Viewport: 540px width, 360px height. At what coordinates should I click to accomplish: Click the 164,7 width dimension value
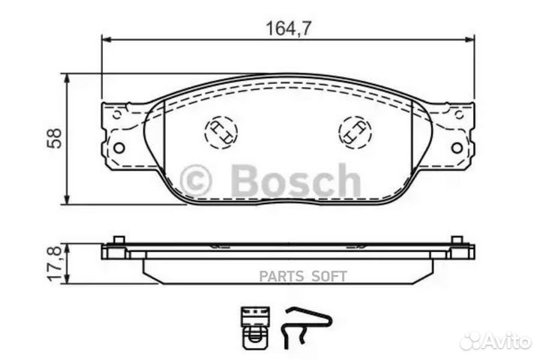pos(289,28)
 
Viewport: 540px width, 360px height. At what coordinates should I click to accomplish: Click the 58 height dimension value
pos(55,139)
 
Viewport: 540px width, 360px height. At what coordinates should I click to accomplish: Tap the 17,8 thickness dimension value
pos(55,263)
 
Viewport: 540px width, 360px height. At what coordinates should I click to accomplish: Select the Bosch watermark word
pos(296,181)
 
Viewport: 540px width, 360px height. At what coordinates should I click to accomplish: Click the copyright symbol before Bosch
pos(196,181)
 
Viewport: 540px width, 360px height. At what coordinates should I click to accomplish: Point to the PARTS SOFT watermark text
pos(303,276)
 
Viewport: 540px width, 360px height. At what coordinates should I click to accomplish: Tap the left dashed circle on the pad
pos(220,133)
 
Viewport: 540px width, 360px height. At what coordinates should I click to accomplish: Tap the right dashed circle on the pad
pos(355,133)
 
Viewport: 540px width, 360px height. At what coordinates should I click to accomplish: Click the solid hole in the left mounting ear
pos(119,148)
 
